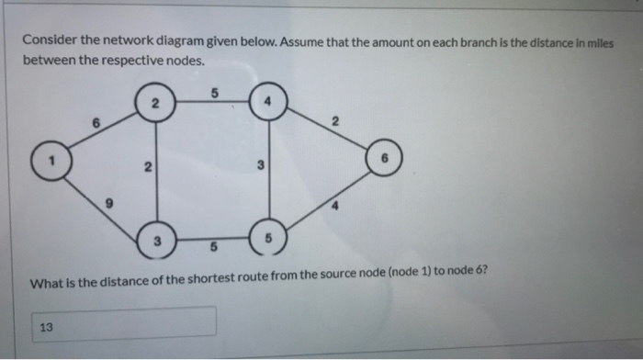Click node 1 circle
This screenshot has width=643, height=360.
54,162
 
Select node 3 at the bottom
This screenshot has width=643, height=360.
156,242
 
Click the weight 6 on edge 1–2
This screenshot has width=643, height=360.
96,124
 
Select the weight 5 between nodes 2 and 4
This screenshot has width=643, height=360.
213,93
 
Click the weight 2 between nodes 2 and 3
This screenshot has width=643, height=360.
145,168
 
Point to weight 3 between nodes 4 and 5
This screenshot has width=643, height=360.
261,166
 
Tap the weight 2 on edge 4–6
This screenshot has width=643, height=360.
335,121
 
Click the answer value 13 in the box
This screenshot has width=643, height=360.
46,323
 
